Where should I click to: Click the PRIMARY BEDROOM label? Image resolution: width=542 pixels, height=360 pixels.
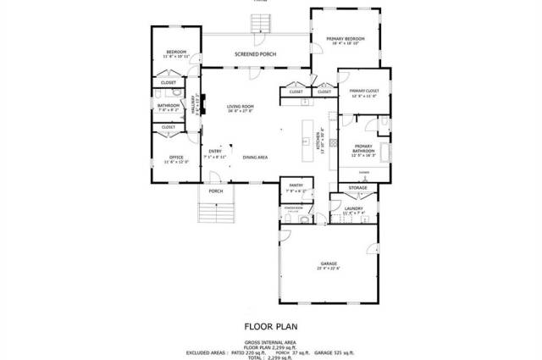[x=346, y=39]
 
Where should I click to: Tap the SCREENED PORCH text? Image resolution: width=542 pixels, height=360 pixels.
[x=256, y=53]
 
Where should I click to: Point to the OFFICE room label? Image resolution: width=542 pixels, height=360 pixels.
[x=176, y=157]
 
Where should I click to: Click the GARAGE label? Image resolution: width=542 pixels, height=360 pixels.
[x=329, y=263]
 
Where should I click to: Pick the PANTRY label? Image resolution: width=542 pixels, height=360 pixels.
[x=296, y=185]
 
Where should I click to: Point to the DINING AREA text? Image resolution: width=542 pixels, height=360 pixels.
[x=256, y=158]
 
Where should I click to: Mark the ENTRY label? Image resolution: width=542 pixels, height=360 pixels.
[x=215, y=152]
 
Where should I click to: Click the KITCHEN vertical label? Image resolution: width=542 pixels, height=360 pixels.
[x=318, y=136]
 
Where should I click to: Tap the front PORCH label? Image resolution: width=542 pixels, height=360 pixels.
[x=216, y=191]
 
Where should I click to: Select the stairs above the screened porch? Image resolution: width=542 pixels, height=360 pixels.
[x=259, y=21]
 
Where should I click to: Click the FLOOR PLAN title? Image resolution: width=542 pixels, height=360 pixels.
[x=271, y=325]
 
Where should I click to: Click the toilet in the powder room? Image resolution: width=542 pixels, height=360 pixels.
[x=289, y=219]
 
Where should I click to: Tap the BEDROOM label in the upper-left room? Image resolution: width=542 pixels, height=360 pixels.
[x=176, y=52]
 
